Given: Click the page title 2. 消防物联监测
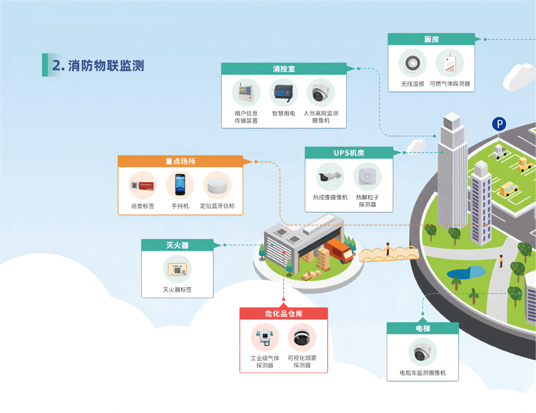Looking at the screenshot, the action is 98,65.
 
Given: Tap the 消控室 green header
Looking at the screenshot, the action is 284,69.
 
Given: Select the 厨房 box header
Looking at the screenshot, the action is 431,39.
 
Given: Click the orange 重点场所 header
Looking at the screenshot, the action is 180,161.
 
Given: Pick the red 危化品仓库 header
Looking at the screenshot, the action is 284,314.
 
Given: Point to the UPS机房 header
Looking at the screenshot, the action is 349,153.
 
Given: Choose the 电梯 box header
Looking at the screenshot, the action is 422,328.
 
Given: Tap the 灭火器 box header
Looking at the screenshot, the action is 177,245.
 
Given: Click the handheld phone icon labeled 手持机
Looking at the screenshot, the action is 180,185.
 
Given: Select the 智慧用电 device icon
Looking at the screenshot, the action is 284,93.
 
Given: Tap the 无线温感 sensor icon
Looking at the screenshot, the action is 412,63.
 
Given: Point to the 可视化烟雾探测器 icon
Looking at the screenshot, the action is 302,338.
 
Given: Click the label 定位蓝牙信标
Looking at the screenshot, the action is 217,206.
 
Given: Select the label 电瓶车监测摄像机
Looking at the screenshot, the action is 422,373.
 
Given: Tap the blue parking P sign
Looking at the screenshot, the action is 499,124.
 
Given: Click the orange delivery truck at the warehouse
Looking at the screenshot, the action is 339,251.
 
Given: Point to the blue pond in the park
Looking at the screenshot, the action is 465,273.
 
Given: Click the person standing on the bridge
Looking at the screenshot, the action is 388,249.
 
